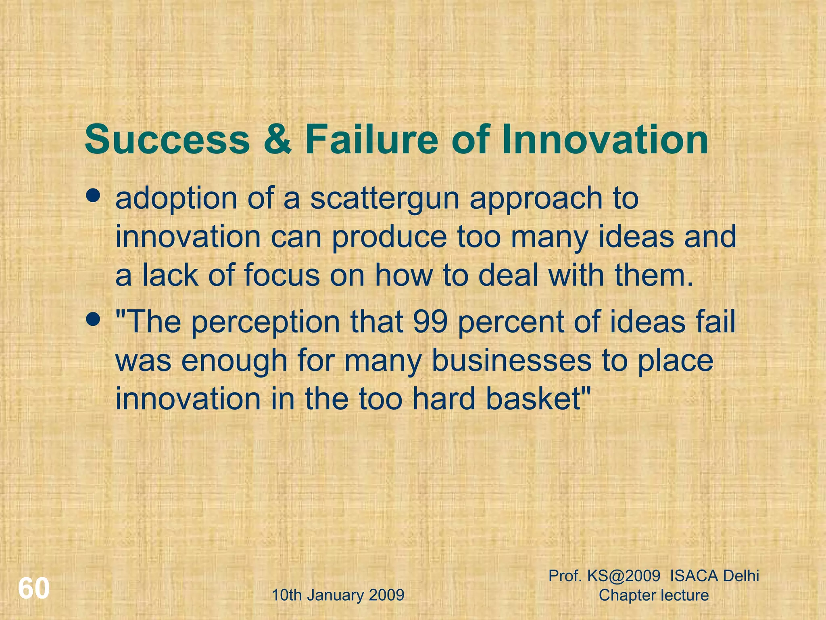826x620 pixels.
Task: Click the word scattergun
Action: [385, 199]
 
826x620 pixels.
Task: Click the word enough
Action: [234, 362]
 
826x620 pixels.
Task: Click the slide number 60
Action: [34, 589]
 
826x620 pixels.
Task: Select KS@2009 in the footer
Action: [624, 576]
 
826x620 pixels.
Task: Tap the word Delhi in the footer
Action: [741, 576]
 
